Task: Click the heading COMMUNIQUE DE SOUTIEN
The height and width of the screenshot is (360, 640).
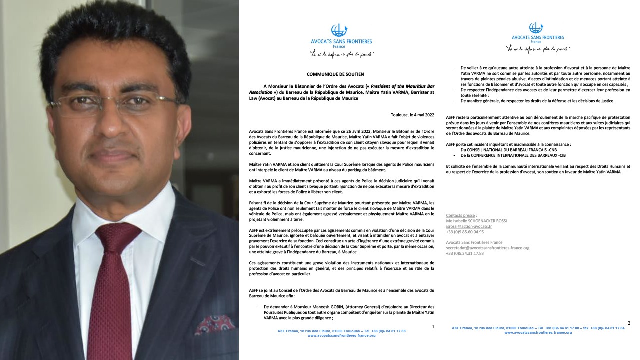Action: [x=335, y=74]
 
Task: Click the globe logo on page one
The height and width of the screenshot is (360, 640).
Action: [x=339, y=30]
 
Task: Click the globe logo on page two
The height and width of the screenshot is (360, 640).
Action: [x=536, y=28]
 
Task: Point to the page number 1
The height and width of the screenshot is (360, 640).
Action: [x=433, y=327]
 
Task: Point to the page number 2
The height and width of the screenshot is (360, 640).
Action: [x=629, y=323]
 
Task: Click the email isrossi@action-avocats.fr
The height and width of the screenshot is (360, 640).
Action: [x=469, y=226]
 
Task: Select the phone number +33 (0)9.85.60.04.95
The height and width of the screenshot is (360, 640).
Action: [x=465, y=232]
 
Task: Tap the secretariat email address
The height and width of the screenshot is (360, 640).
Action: [x=487, y=248]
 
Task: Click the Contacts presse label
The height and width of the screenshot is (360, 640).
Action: [x=458, y=215]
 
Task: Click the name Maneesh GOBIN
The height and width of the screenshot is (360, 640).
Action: [x=325, y=306]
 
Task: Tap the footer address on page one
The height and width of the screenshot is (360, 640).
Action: [x=341, y=331]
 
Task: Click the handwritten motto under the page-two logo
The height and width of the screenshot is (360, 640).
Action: [x=538, y=49]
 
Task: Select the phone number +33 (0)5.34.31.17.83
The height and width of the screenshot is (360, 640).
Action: [x=465, y=253]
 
